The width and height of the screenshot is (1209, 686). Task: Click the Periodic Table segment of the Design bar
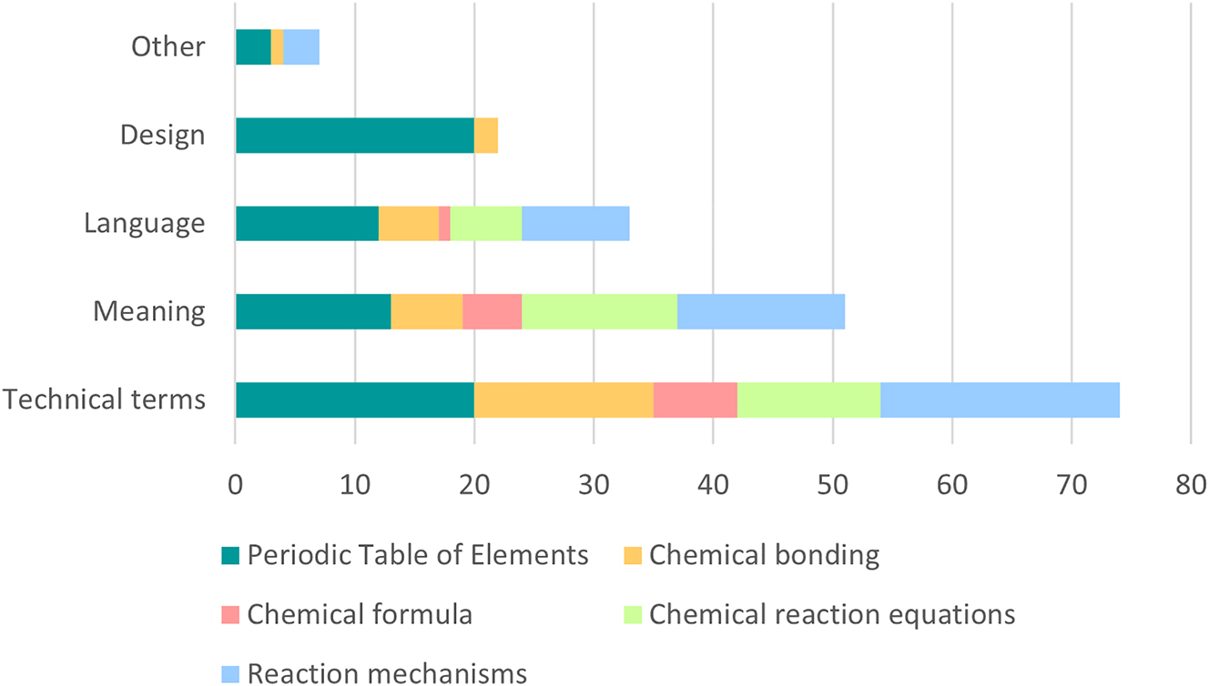[x=354, y=136]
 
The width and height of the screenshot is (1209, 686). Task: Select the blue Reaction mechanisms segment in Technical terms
[x=1000, y=400]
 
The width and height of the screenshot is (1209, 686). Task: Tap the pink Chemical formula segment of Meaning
[x=492, y=312]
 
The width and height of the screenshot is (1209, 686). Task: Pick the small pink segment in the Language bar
[x=444, y=224]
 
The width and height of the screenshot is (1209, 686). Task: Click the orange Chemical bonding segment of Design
[x=486, y=136]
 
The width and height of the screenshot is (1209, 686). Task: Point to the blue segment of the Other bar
[x=301, y=47]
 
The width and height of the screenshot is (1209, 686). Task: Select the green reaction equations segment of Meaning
[x=599, y=312]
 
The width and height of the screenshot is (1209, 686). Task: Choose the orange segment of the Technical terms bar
[x=564, y=400]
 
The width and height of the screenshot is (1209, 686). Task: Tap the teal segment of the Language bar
[x=307, y=224]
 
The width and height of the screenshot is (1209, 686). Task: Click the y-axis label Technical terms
[x=103, y=399]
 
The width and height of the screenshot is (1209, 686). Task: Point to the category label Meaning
[x=148, y=311]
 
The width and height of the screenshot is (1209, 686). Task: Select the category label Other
[x=168, y=46]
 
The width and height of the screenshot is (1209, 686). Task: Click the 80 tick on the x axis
[x=1191, y=485]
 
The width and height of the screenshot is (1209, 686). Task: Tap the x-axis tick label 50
[x=832, y=485]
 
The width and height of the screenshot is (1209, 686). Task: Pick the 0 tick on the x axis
[x=235, y=485]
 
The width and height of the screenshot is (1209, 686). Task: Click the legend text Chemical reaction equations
[x=832, y=614]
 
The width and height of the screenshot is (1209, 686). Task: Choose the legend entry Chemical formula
[x=360, y=614]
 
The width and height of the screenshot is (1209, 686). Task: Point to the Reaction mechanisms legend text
[x=387, y=673]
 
